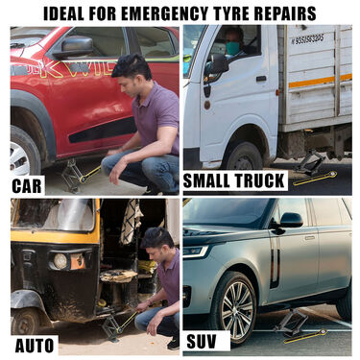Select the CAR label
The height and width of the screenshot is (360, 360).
[27, 186]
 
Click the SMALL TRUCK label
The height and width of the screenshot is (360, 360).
[234, 180]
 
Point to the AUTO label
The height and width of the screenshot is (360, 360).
[35, 346]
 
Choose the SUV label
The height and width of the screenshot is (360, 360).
[202, 341]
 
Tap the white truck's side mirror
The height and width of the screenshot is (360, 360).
[218, 65]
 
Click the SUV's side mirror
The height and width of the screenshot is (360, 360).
[290, 220]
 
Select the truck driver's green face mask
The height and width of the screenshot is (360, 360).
[233, 48]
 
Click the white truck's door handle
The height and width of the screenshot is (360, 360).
[261, 79]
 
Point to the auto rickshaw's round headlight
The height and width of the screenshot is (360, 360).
[60, 261]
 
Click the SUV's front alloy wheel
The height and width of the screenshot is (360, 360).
[236, 308]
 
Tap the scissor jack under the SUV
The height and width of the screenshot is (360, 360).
[291, 323]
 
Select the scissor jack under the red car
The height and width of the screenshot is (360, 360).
[72, 175]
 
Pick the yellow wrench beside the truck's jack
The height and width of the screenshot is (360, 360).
[315, 179]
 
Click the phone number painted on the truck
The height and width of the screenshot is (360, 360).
[307, 39]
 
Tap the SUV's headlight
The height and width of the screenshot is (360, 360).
[195, 252]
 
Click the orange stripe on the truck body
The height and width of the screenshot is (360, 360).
[320, 82]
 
